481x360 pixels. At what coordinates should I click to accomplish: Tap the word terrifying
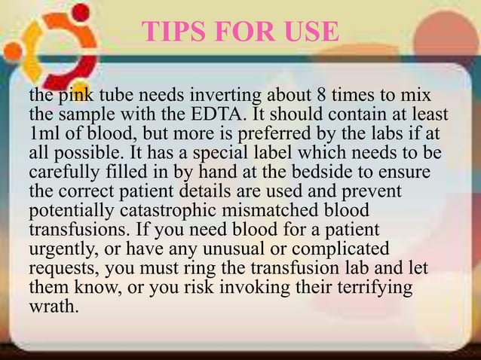click(x=372, y=285)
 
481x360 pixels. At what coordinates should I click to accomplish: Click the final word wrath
click(x=53, y=304)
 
